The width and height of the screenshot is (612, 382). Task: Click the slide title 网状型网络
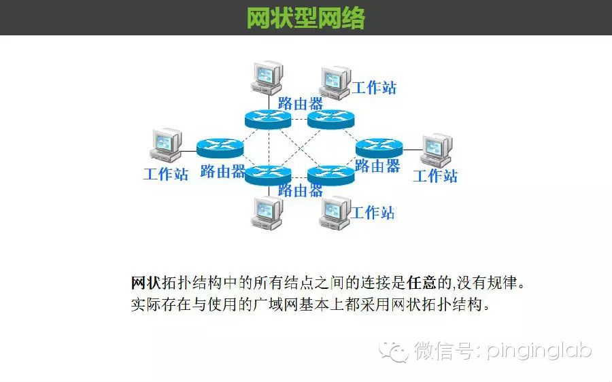pos(305,17)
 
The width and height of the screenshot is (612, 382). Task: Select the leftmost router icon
pos(220,147)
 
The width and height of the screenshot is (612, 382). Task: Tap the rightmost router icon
pos(379,147)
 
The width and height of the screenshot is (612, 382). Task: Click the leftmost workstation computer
pos(165,145)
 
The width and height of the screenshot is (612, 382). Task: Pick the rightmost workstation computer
pos(436,150)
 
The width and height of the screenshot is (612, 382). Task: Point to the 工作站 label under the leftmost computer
pos(165,174)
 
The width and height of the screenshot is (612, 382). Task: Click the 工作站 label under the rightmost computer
pos(435,176)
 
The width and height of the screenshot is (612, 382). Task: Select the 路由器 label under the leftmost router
pos(223,171)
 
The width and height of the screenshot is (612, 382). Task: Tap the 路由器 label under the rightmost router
pos(377,165)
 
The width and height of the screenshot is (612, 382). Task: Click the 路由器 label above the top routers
pos(301,103)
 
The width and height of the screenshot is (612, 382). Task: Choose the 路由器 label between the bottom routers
pos(301,190)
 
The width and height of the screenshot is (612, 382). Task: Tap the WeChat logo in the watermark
pos(394,351)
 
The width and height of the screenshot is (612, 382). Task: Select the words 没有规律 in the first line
pos(492,283)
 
